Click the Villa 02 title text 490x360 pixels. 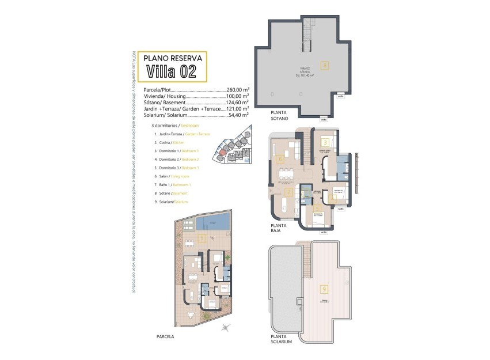(x=171, y=71)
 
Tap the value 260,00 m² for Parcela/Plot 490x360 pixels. (x=237, y=90)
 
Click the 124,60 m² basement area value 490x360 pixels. (x=237, y=103)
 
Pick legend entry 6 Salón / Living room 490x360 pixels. (x=178, y=176)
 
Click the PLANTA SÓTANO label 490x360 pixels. (x=282, y=115)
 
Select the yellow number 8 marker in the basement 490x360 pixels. (x=325, y=65)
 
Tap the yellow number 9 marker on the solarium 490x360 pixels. (x=325, y=289)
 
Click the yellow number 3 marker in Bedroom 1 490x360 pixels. (x=325, y=142)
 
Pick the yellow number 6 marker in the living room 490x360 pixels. (x=280, y=158)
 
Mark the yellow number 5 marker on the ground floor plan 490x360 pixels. (x=317, y=210)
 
